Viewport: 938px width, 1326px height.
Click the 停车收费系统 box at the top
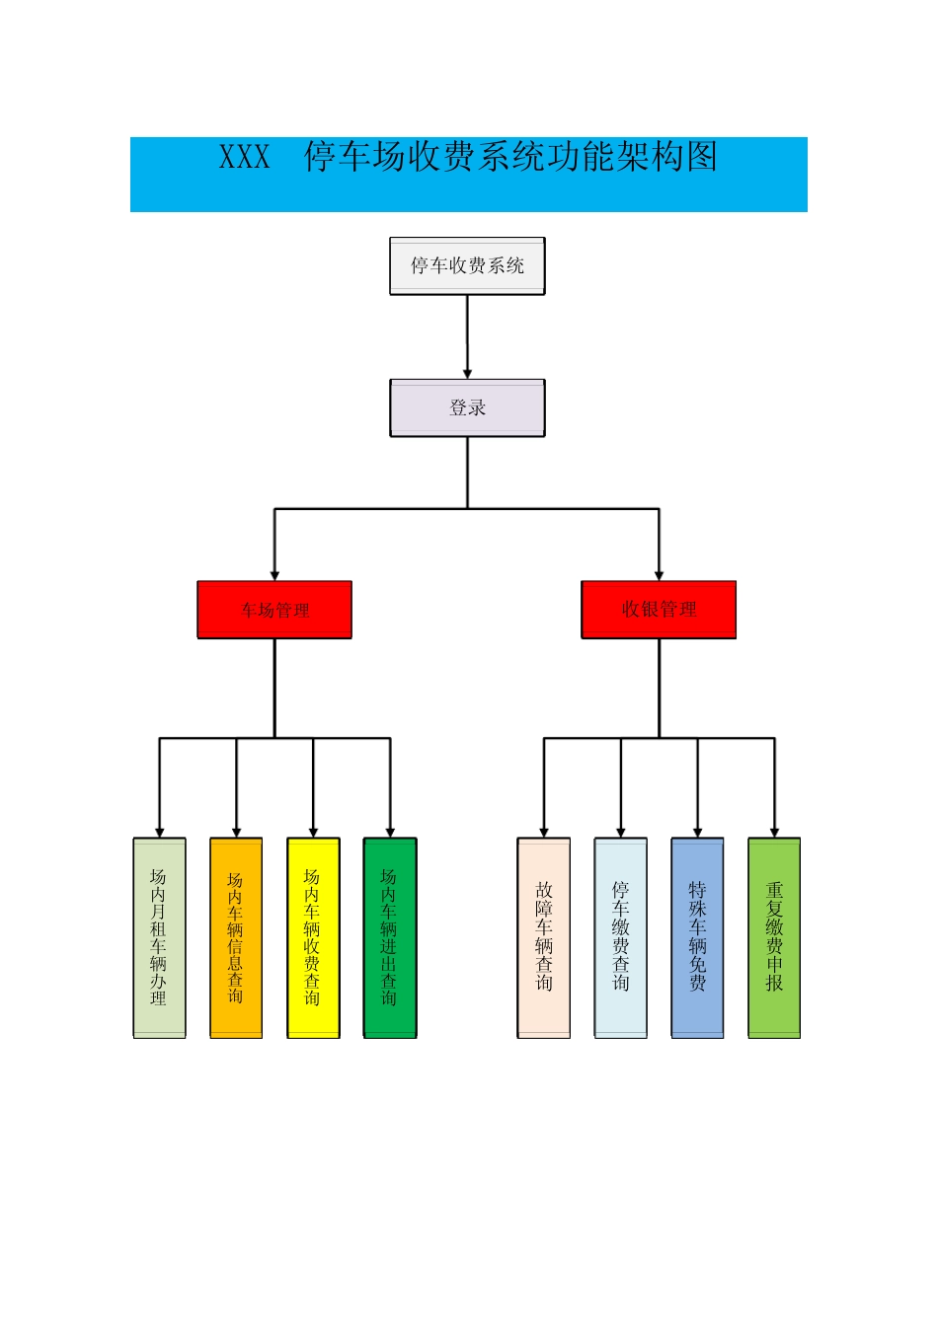point(467,265)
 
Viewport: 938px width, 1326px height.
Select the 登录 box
point(467,407)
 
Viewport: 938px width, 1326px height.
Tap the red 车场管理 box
point(274,610)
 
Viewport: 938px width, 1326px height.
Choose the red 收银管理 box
point(659,610)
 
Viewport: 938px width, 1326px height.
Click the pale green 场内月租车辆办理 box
point(159,937)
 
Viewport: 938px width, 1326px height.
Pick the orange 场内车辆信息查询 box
point(236,937)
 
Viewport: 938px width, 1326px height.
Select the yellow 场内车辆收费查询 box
point(313,937)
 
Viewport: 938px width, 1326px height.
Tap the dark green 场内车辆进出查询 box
point(390,937)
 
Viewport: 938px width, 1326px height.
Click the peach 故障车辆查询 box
point(544,937)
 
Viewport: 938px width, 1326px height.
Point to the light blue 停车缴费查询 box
point(621,937)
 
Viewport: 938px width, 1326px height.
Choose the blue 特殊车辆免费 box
point(697,937)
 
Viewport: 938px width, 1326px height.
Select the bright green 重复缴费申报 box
point(774,937)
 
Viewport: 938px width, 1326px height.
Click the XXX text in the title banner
point(244,158)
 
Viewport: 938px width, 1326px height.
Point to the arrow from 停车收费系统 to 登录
point(467,335)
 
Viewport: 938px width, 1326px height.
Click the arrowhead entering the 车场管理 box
point(274,575)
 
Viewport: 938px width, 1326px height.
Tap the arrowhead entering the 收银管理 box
point(659,575)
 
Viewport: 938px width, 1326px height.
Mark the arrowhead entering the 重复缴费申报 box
point(774,833)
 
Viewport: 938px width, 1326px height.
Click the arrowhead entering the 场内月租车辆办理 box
point(159,833)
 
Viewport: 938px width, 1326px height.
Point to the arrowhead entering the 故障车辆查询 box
point(544,833)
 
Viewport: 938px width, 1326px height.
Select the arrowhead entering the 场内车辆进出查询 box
point(390,833)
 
